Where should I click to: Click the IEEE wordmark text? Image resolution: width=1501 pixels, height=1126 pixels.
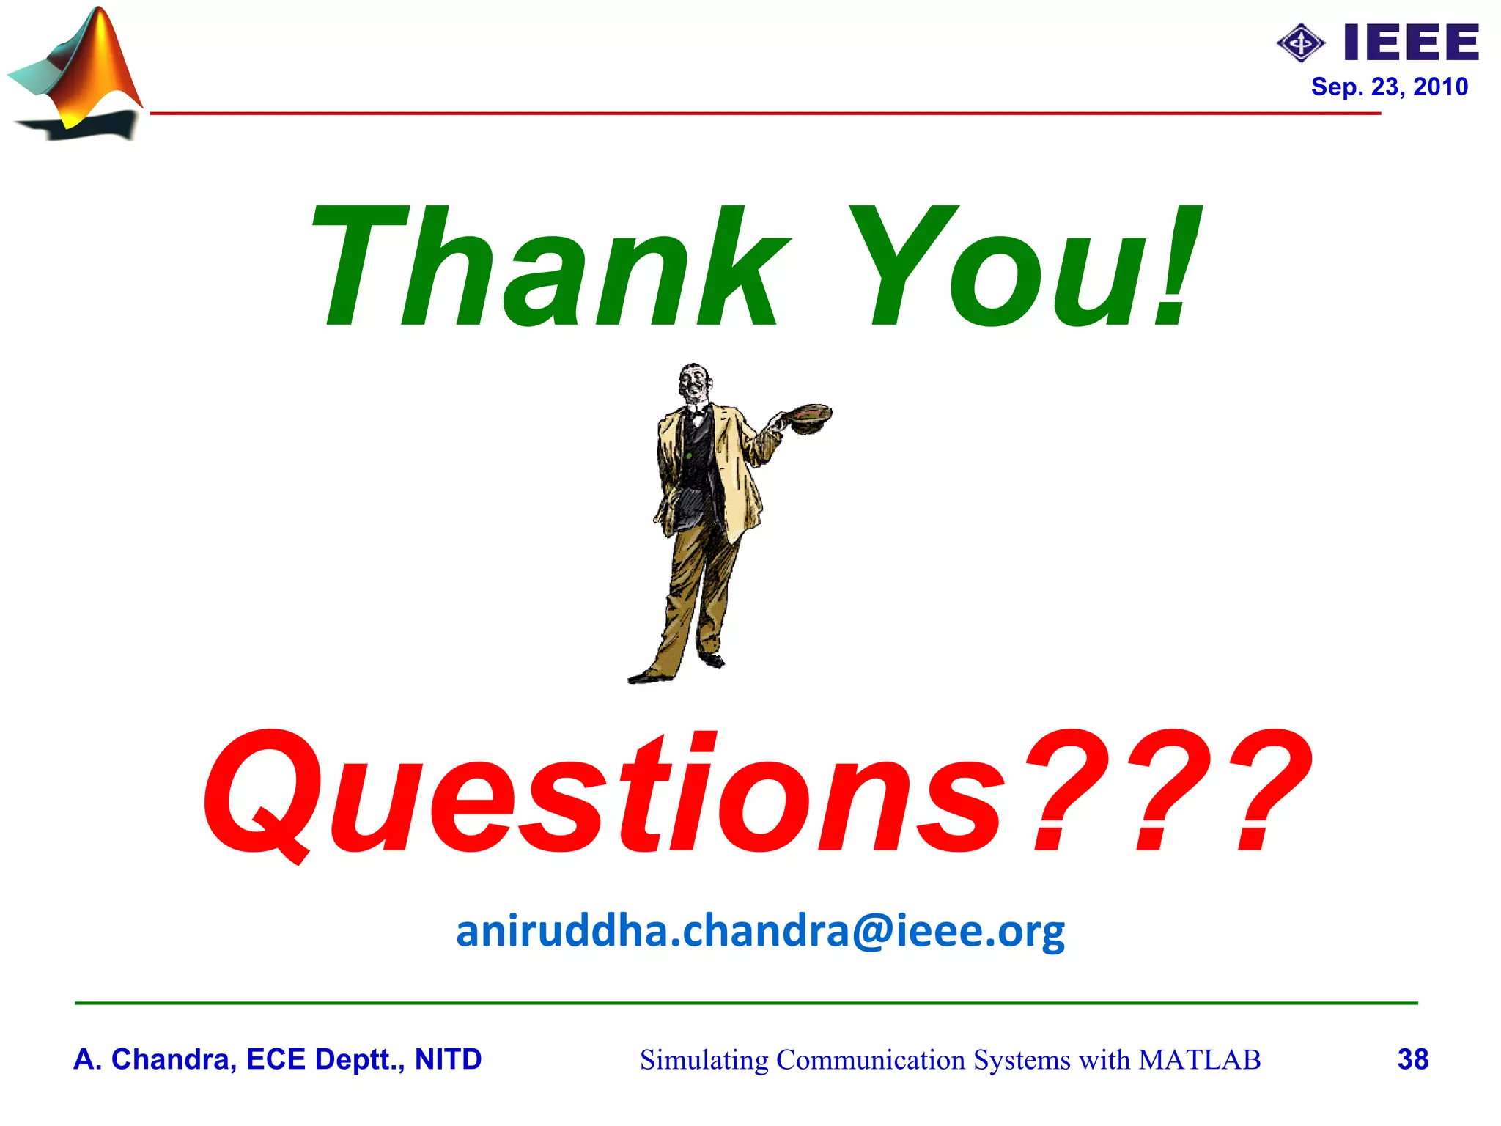tap(1411, 43)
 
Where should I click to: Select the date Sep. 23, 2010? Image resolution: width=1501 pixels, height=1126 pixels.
tap(1389, 87)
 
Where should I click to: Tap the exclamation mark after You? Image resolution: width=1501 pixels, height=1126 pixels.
tap(1176, 268)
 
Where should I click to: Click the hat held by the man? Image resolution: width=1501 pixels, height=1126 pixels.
tap(806, 416)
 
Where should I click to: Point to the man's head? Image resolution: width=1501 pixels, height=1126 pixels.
tap(693, 381)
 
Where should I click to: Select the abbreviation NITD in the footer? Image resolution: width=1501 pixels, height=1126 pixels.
tap(448, 1059)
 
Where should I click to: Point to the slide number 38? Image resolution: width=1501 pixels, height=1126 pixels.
tap(1412, 1059)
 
